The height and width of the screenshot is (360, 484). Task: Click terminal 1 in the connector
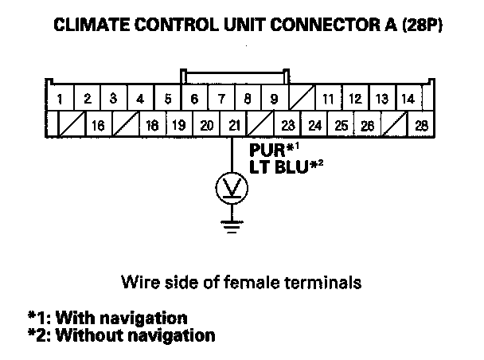(x=60, y=98)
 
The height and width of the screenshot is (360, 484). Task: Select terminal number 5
(x=168, y=98)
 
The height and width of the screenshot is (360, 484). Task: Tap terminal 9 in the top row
(x=275, y=98)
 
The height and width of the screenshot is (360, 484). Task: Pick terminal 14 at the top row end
(x=408, y=98)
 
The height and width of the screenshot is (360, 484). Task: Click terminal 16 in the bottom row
(x=98, y=124)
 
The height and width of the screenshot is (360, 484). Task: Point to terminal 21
(x=233, y=124)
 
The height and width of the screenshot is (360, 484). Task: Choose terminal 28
(x=421, y=124)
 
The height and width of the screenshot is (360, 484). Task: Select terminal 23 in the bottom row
(x=287, y=124)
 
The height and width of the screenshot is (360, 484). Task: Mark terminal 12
(x=355, y=98)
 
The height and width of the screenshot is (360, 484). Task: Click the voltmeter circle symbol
(x=232, y=188)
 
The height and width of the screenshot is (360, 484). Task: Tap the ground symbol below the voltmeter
(x=232, y=227)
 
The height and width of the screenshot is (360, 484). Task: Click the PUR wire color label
(x=267, y=150)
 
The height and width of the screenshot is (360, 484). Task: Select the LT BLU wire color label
(x=279, y=167)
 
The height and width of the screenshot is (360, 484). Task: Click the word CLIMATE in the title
(x=92, y=25)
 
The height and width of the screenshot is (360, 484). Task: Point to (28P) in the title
(x=422, y=25)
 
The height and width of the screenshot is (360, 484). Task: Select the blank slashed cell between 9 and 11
(x=302, y=98)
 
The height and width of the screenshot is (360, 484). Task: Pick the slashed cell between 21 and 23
(x=260, y=124)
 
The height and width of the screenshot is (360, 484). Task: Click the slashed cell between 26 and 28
(x=395, y=124)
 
